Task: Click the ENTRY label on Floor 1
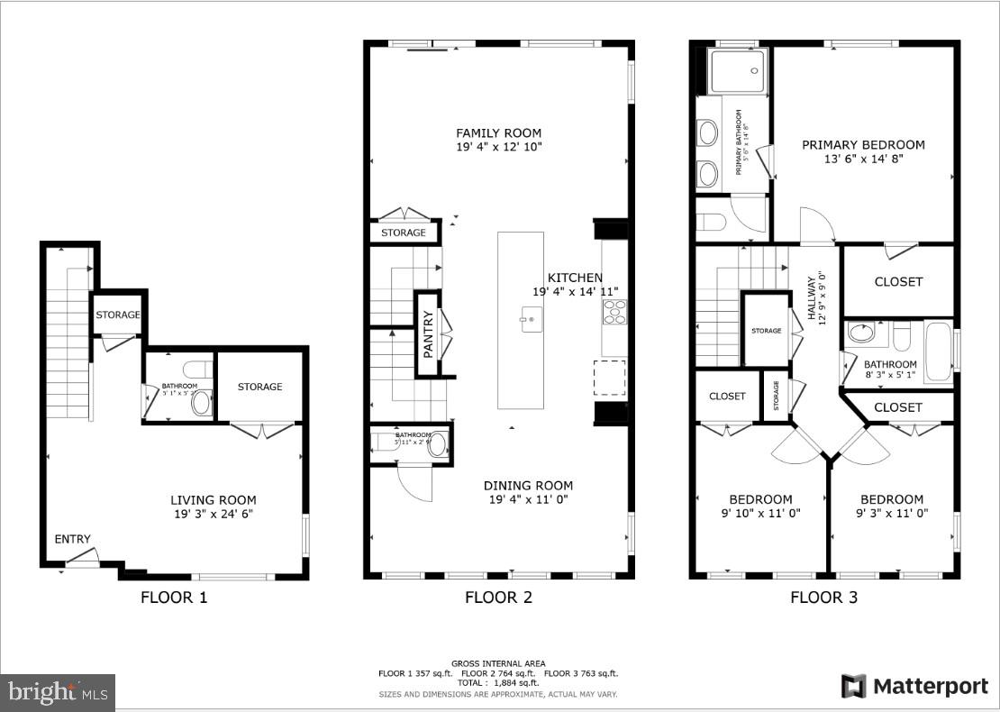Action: point(72,539)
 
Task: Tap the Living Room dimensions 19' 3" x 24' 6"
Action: point(214,514)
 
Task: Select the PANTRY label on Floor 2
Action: point(428,333)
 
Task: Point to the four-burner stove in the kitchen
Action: point(614,312)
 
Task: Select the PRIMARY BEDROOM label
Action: point(863,144)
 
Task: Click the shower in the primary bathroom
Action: point(737,71)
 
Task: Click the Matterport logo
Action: point(914,686)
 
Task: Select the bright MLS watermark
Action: point(58,693)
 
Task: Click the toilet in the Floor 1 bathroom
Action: point(196,370)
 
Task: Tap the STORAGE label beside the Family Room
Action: point(403,233)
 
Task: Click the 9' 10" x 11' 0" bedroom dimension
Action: point(761,514)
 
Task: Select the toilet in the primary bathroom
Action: point(712,223)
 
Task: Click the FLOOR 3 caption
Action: point(823,597)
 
